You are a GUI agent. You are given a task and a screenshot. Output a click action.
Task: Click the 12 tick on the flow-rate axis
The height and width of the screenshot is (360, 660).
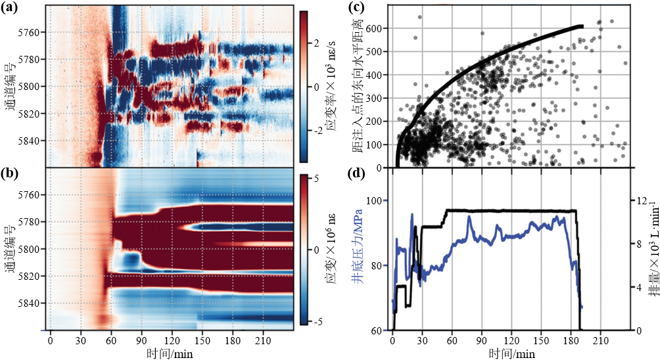pos(642,200)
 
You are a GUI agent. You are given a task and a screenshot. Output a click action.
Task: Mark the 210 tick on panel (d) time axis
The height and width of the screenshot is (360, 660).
pos(600,342)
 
